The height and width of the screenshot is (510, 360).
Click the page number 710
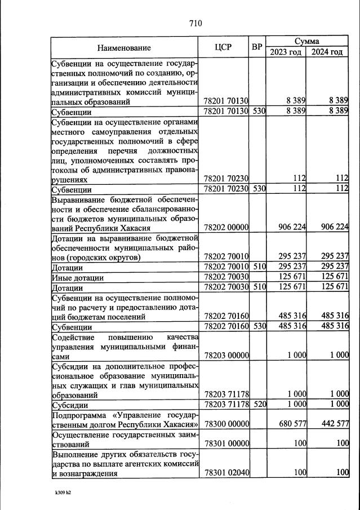pos(195,23)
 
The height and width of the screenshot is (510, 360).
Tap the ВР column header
pos(257,47)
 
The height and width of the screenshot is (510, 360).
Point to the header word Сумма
pos(306,42)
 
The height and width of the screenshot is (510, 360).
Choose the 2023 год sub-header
pos(286,52)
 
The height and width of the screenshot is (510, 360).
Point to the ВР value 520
pos(259,404)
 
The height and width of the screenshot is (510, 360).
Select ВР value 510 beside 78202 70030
pos(259,287)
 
